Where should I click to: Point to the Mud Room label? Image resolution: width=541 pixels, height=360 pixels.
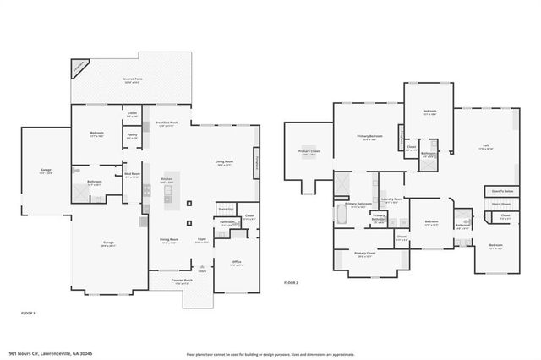coord(132,175)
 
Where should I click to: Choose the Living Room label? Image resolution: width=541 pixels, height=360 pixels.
coord(224,163)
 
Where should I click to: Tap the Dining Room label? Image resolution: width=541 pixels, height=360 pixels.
coord(169,240)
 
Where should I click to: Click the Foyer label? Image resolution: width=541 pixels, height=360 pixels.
coord(201,240)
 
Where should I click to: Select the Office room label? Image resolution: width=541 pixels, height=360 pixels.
coord(237,263)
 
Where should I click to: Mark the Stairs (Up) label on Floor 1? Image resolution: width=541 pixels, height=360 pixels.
coord(225,207)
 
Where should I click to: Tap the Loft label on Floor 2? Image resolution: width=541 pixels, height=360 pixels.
coord(486,146)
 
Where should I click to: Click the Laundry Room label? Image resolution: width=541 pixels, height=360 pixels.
coord(392,200)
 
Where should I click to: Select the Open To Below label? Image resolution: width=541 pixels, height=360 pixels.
coord(502,192)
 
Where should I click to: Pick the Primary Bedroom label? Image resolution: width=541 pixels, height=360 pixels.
coord(369,137)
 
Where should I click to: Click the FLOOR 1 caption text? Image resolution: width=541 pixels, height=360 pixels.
coord(29,314)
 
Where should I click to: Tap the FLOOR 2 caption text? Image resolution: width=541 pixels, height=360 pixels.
coord(291,282)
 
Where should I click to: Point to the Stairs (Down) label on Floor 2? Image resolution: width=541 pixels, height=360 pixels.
coord(502,204)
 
